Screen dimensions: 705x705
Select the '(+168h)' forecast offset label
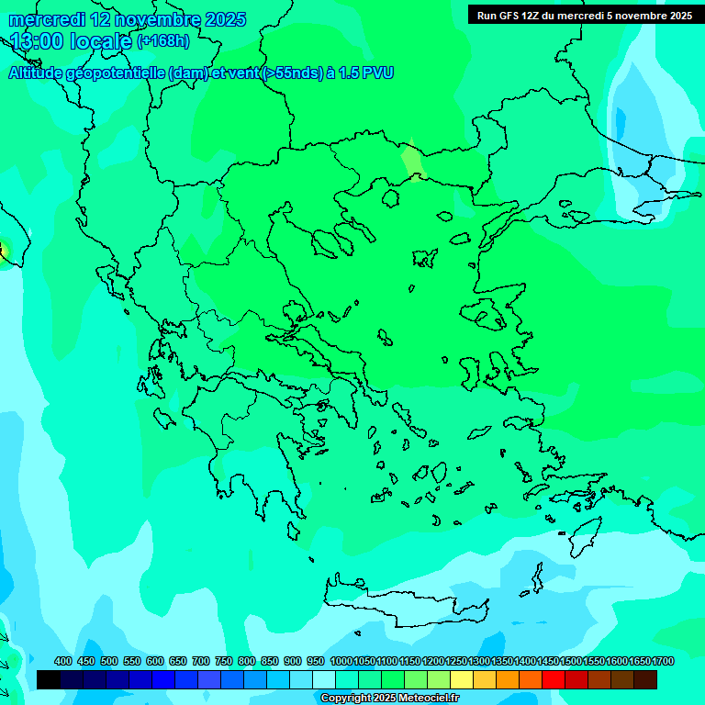tap(162, 41)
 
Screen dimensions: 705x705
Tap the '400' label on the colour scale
tap(62, 662)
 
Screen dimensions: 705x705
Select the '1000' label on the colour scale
tap(341, 662)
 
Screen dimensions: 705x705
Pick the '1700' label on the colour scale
tap(663, 662)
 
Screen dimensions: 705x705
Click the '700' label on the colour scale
tap(201, 662)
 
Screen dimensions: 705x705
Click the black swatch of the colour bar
tap(49, 680)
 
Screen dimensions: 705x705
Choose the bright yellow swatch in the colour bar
tap(462, 680)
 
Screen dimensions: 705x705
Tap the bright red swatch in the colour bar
tap(554, 680)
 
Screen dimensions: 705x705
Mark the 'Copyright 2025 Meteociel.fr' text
tap(389, 699)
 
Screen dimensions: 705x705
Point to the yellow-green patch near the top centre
tap(413, 161)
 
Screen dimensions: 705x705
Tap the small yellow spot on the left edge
tap(3, 250)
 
